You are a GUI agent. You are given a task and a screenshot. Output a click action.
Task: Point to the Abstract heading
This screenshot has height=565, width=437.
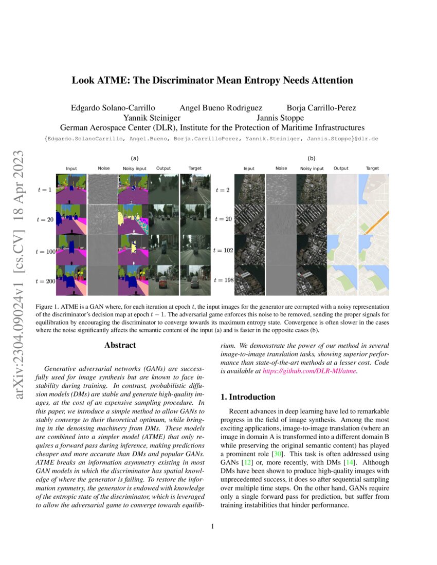coord(120,345)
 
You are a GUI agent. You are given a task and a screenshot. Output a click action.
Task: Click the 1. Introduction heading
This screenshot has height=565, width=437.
coord(248,397)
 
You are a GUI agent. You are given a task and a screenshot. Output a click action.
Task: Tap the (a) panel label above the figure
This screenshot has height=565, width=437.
coord(135,159)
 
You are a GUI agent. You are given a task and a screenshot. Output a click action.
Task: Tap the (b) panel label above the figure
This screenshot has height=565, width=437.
coord(311,159)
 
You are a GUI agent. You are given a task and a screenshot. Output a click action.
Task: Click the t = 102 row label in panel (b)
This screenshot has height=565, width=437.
coord(223,251)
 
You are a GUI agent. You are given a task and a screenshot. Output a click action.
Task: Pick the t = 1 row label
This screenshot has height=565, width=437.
coord(45,190)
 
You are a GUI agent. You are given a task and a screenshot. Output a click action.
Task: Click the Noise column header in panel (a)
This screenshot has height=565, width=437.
coord(104,168)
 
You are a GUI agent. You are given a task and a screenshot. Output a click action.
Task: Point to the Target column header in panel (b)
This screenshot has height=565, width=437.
coord(372,168)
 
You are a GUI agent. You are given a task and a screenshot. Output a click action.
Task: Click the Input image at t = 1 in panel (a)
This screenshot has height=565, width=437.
coord(72,190)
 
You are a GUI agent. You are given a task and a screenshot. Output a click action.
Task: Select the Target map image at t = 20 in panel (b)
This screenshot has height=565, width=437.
coord(374,219)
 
